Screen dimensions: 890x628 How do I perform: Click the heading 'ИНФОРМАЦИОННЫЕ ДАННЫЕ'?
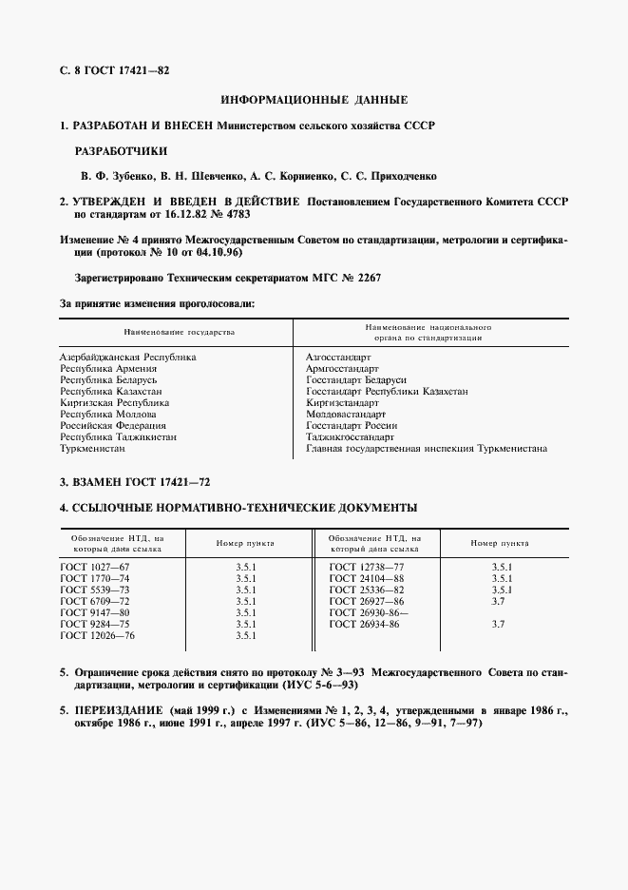(x=314, y=99)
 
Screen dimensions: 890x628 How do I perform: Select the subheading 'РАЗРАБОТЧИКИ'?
(x=121, y=150)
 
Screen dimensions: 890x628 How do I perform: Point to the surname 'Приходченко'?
(x=401, y=176)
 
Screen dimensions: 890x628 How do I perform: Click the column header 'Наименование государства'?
(x=178, y=333)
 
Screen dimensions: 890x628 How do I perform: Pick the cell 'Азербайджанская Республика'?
(x=128, y=357)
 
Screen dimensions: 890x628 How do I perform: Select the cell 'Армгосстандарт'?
(x=342, y=368)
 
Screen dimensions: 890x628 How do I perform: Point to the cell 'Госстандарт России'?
(x=351, y=425)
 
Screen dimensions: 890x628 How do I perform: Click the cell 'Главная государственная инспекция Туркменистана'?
(x=426, y=448)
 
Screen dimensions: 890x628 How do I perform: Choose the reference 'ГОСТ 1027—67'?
(x=95, y=567)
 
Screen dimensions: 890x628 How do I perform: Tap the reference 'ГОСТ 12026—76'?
(x=98, y=635)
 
